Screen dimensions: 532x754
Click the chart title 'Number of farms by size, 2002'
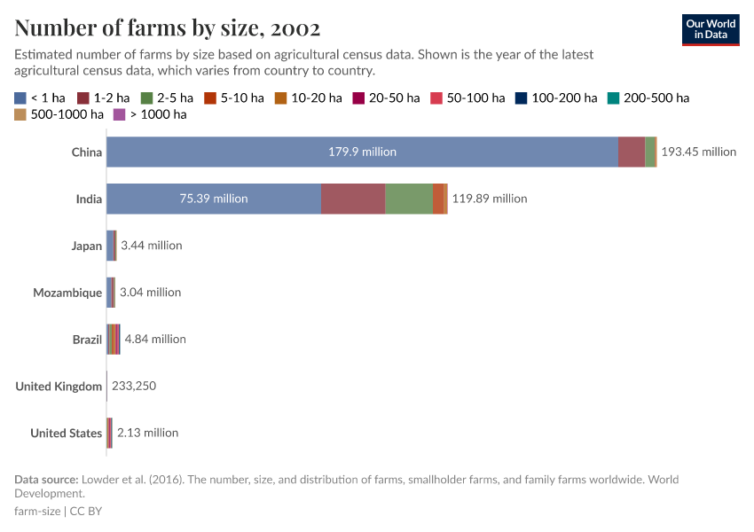[x=168, y=27]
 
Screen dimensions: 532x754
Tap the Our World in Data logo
[x=711, y=29]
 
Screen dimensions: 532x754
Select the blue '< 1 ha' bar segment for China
[x=362, y=152]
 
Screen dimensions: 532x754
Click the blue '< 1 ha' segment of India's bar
[x=214, y=199]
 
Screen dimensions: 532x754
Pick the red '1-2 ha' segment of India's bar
[x=353, y=199]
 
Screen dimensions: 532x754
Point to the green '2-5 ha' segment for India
[x=409, y=199]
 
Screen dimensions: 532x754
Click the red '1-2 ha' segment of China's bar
[x=632, y=152]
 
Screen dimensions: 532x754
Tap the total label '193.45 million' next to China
[x=699, y=152]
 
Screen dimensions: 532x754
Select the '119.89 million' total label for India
[x=490, y=199]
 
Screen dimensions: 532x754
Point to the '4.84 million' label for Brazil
[x=155, y=339]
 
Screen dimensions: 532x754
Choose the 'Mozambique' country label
[x=67, y=293]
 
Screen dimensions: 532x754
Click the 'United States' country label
[x=66, y=433]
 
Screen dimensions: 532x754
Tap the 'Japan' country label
[x=87, y=246]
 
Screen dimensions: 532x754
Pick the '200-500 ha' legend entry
[x=648, y=98]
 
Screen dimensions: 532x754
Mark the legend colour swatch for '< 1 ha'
[x=20, y=98]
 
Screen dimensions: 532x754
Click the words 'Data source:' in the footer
[x=46, y=480]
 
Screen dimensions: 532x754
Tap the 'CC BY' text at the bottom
[x=87, y=511]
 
